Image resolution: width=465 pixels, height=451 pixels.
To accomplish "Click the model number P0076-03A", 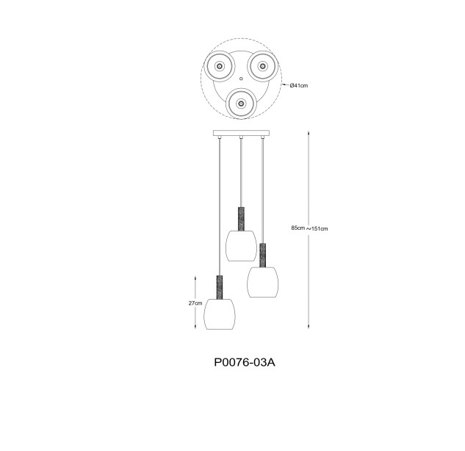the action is (x=245, y=362).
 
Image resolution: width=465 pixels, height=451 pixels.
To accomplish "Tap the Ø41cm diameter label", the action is (x=299, y=86).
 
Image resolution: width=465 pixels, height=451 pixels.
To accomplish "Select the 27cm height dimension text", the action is (x=195, y=303).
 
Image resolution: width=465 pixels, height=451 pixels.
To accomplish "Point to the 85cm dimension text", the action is (x=298, y=228).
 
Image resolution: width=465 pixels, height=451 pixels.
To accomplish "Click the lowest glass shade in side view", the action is (x=220, y=314).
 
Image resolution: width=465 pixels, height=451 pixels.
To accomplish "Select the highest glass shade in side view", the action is (x=241, y=246).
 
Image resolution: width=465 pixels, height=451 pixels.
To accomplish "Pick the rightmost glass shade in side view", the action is (x=263, y=282).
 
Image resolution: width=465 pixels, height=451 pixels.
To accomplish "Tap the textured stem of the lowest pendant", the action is (x=220, y=287).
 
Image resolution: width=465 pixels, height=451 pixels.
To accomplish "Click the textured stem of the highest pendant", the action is (x=241, y=219).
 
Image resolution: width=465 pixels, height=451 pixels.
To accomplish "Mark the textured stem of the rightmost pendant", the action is (x=263, y=255).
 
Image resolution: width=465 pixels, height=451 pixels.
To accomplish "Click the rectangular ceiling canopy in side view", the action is (x=241, y=133).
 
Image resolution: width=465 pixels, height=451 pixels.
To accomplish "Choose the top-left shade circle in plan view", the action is (x=220, y=66).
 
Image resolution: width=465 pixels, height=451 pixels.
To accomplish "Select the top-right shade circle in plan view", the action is (x=262, y=66).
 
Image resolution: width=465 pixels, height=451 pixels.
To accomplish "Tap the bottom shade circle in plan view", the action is (x=241, y=104).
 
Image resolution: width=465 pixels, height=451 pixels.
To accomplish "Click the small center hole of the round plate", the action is (x=241, y=79).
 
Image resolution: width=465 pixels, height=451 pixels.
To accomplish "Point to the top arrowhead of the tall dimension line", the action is (x=309, y=132).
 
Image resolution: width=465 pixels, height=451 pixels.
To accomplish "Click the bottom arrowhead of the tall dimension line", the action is (x=309, y=326).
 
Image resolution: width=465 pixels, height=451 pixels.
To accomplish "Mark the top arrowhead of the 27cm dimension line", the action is (x=195, y=278).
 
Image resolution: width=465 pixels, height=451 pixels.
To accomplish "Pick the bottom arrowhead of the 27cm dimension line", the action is (x=195, y=326).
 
